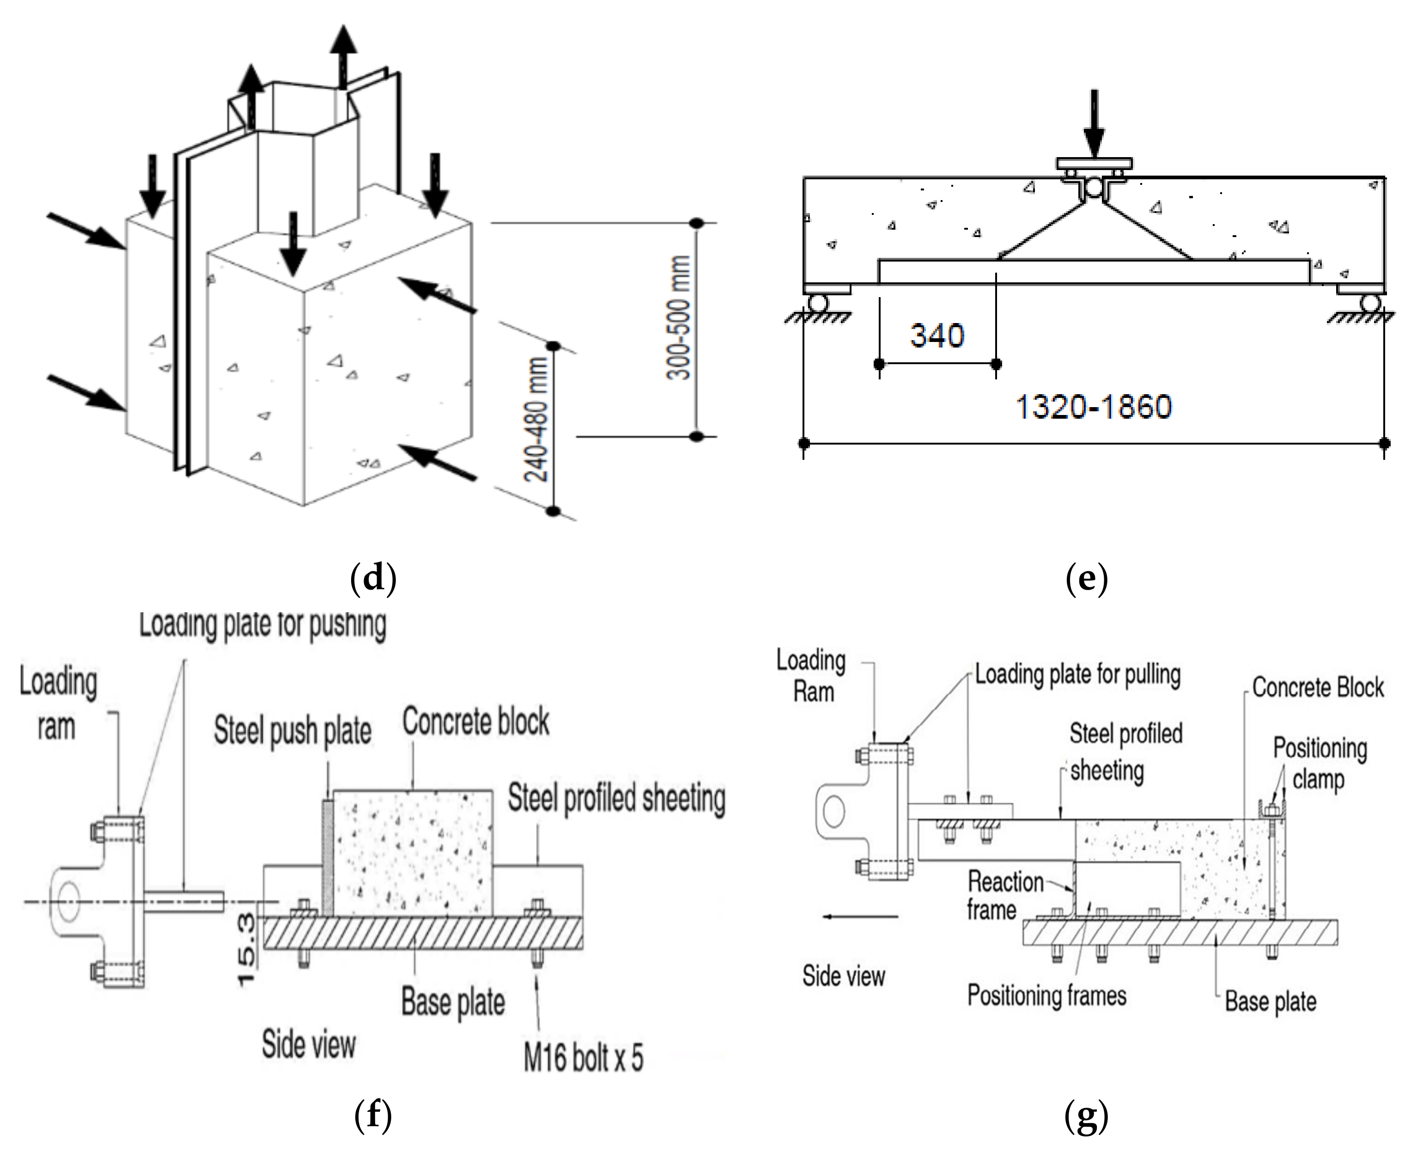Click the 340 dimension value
937,335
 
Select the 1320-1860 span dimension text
1093,407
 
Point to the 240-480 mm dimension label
536,419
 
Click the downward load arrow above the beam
1093,123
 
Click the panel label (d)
373,578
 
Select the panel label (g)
1087,1116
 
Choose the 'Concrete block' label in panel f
476,722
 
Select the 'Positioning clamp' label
1320,763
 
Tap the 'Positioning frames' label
1046,995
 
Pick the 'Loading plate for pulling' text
1078,674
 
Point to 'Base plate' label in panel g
1270,1001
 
